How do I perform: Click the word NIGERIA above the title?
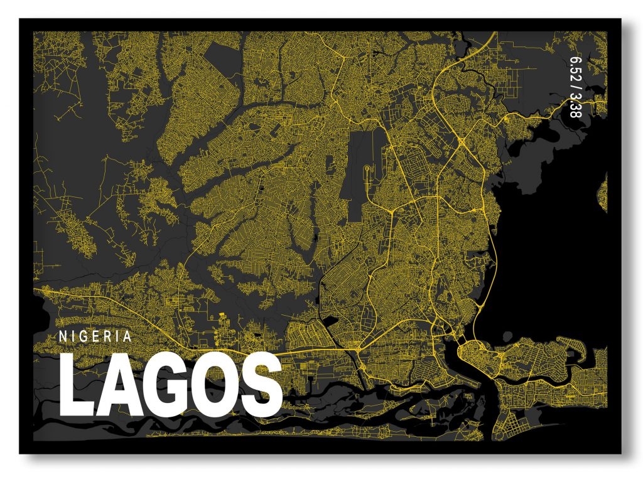coord(95,336)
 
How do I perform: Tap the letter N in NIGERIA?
coord(63,336)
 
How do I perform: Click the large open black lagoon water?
coord(553,251)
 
